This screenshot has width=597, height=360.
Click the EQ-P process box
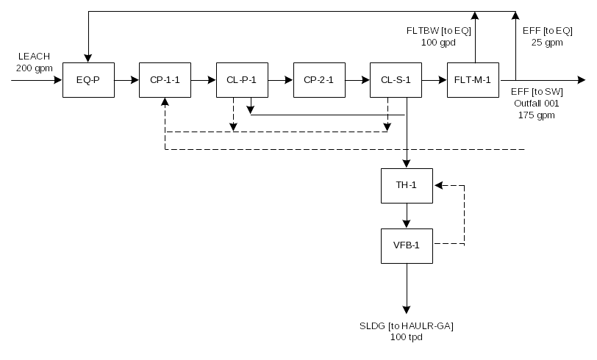tap(87, 80)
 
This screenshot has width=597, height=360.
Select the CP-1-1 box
tap(165, 80)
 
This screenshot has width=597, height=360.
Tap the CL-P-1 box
tap(241, 80)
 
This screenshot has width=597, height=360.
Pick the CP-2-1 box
tap(318, 80)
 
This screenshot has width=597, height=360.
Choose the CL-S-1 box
tap(396, 80)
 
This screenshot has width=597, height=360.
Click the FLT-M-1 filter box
tap(473, 80)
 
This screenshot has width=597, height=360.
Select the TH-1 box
tap(407, 185)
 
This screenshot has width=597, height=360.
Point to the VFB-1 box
tap(407, 245)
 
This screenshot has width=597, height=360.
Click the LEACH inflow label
tap(34, 57)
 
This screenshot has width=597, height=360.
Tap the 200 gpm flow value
tap(34, 68)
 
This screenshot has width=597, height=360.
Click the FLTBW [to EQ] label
tap(438, 30)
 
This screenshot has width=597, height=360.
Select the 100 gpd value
tap(438, 42)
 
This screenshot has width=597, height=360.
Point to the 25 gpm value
tap(547, 42)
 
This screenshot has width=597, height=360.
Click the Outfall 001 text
tap(536, 104)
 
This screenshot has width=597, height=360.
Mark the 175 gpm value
tap(536, 115)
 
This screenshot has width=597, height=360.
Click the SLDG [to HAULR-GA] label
tap(407, 325)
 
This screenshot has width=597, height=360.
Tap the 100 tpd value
tap(407, 337)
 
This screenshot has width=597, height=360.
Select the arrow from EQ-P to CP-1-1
tap(126, 80)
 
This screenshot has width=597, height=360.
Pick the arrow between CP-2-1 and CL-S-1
tap(357, 80)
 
